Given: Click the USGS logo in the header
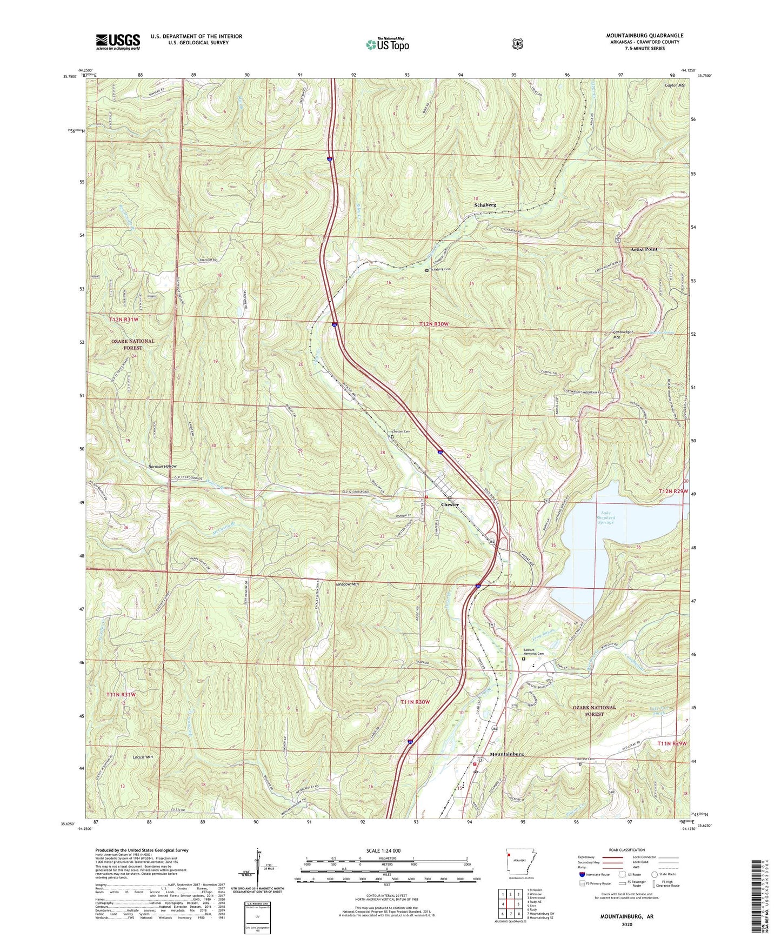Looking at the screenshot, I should pos(118,41).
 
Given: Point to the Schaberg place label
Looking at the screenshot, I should pos(485,205).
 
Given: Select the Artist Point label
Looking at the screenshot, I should pos(644,249).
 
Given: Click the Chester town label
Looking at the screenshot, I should pos(450,504).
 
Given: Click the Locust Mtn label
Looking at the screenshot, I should pos(143,757).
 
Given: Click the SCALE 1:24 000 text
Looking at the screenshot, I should pos(383,850).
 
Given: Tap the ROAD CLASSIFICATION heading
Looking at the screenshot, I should pos(627,850).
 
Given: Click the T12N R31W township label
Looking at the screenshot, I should pos(124,320).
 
